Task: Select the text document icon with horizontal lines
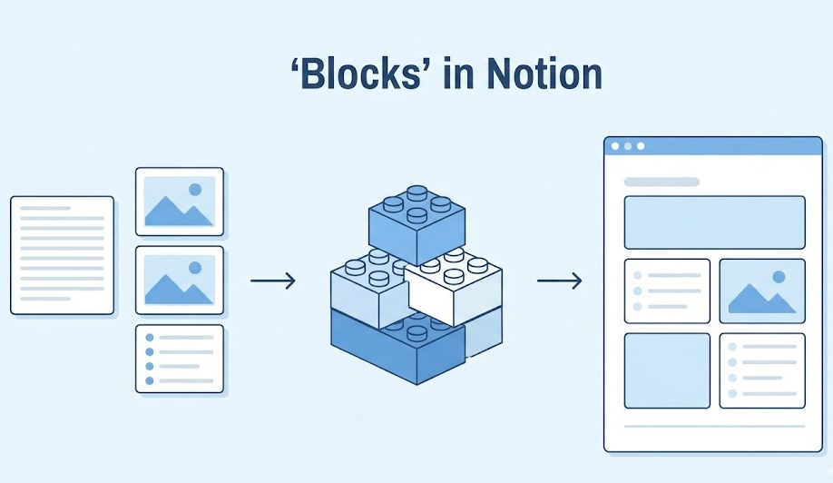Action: pos(63,255)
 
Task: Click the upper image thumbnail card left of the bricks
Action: pos(180,202)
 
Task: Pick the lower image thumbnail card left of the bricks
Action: pos(180,281)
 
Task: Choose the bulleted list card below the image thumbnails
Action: pos(180,359)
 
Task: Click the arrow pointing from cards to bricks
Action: pos(273,281)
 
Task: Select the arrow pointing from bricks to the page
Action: pos(559,281)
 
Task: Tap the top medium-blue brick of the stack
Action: pos(416,221)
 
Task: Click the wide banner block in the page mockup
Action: pos(714,222)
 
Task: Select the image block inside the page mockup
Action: pos(762,291)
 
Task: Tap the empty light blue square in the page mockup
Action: pos(667,370)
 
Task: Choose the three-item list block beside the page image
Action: pos(667,291)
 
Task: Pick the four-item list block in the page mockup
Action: pos(762,370)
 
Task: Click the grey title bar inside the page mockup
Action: pos(661,182)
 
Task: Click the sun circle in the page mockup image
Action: pos(778,277)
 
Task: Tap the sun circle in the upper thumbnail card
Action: pos(194,190)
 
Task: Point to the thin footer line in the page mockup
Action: pos(714,426)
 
